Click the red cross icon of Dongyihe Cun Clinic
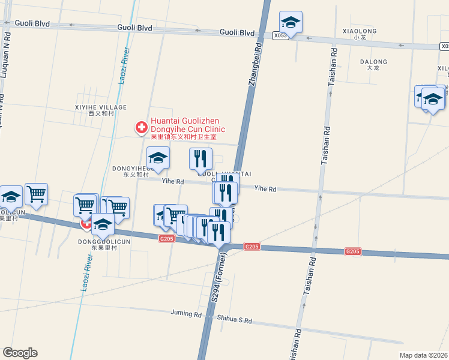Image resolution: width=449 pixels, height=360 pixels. coord(142,128)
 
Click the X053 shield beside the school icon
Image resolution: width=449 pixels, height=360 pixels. coord(280,36)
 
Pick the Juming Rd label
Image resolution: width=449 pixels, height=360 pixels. coord(185,314)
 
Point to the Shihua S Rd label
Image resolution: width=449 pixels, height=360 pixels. coord(234,321)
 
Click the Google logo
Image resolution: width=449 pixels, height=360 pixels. coord(20,353)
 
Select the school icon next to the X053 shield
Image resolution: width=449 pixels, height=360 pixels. coord(291,23)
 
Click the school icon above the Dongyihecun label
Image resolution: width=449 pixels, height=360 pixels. coord(158,158)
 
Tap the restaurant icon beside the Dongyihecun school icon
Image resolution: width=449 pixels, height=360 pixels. coord(200,158)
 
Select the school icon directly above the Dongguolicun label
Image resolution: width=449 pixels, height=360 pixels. coord(103,224)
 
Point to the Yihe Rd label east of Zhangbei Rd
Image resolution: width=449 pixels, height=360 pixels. coord(265,189)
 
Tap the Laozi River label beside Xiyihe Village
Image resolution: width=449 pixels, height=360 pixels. coord(125,66)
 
